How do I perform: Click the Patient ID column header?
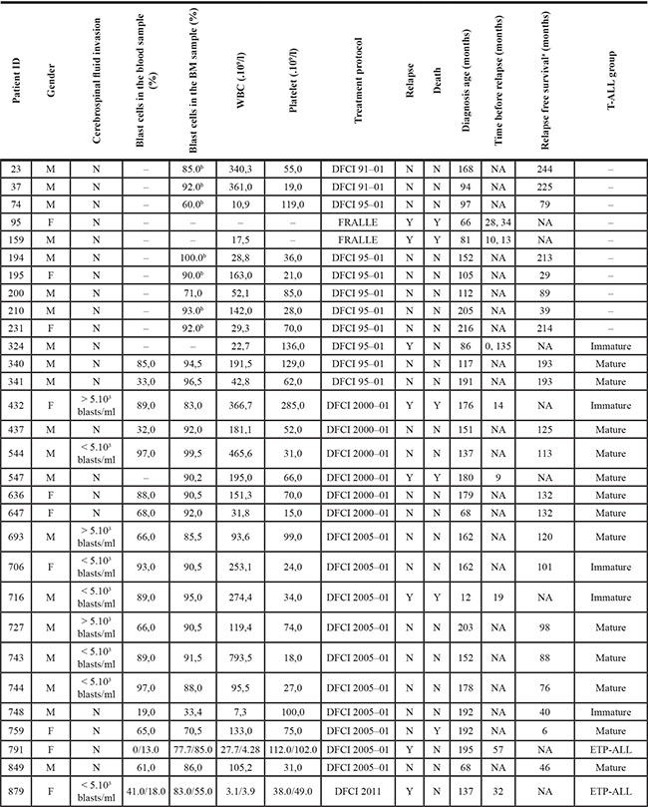tap(20, 81)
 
